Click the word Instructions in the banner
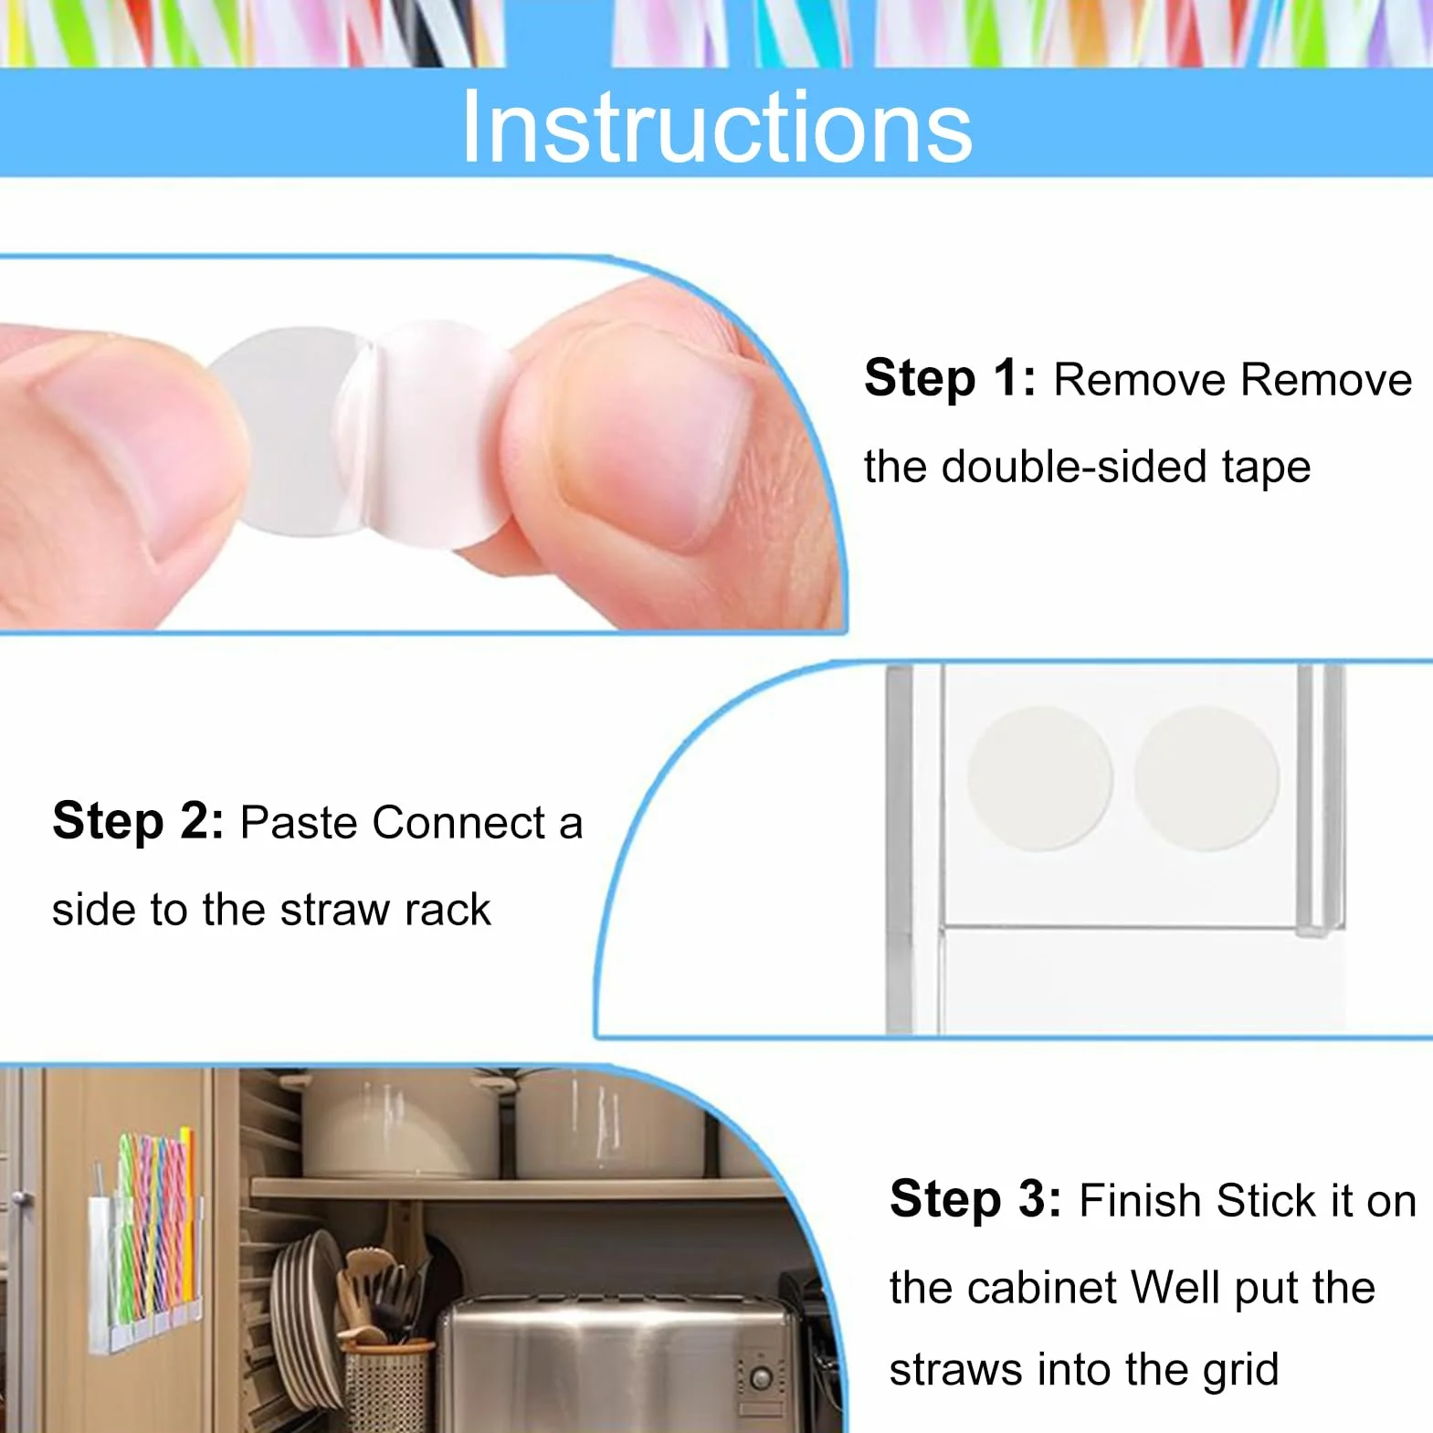point(717,127)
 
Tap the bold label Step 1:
point(950,378)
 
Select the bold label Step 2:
point(138,820)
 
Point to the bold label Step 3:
point(975,1198)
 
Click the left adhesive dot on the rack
point(1039,777)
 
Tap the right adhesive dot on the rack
point(1207,777)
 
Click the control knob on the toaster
point(760,1377)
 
